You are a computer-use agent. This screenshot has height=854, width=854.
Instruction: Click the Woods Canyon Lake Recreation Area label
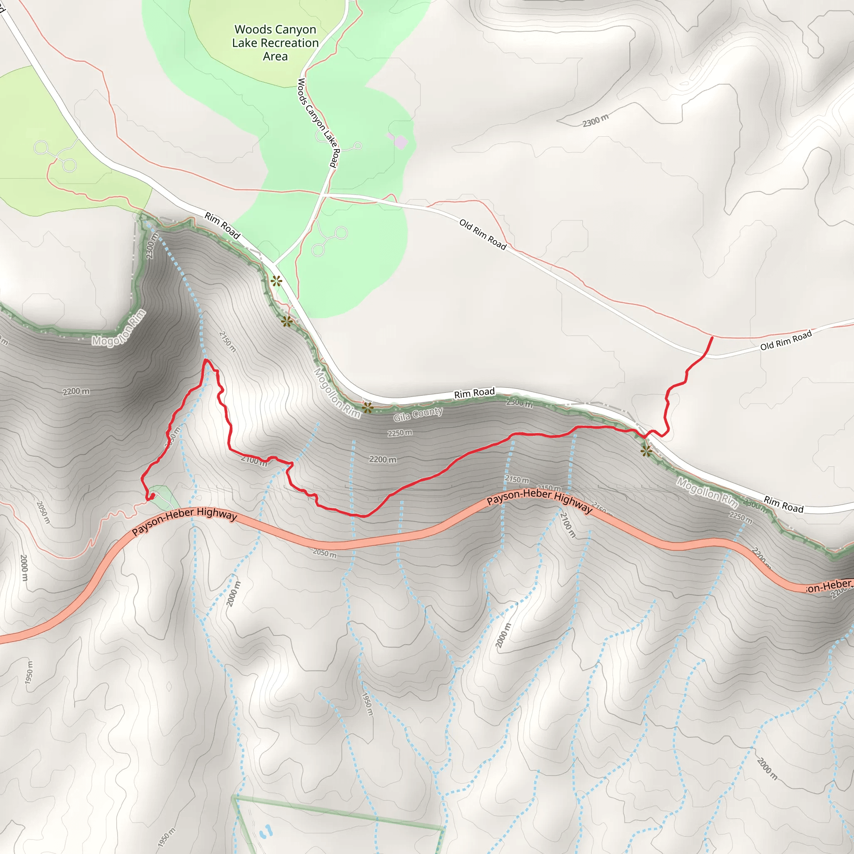(275, 43)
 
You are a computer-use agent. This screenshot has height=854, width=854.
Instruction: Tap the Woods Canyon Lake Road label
(317, 123)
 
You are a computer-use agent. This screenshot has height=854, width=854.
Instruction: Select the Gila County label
(418, 414)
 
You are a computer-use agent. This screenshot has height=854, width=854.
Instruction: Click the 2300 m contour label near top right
(595, 120)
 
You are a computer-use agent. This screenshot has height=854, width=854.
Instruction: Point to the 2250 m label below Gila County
(399, 433)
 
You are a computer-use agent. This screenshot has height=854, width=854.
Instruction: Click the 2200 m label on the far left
(75, 391)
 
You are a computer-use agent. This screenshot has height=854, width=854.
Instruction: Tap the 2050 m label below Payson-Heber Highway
(324, 553)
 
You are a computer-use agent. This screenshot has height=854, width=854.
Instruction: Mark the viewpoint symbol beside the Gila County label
(367, 407)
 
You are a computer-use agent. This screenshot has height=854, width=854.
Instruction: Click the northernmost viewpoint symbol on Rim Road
(276, 281)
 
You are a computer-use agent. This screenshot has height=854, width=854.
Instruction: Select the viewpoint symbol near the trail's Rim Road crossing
(646, 451)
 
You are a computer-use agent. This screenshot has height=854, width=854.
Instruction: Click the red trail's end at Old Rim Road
(712, 337)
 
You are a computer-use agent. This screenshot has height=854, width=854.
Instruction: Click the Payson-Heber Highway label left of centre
(184, 521)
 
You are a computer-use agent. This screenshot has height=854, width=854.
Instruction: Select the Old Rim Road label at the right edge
(786, 340)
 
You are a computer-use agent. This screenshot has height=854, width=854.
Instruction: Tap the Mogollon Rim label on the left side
(118, 327)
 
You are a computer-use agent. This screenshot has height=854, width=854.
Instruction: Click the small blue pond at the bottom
(266, 831)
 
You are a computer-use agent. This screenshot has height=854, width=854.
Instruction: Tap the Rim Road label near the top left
(222, 226)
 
